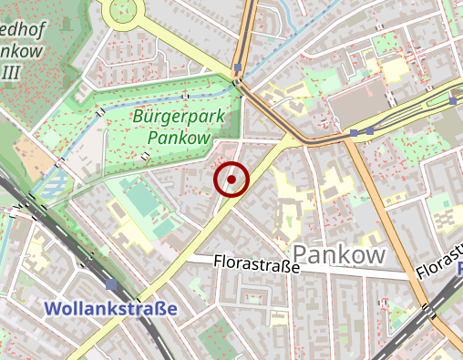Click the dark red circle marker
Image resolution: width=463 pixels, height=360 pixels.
click(x=231, y=180)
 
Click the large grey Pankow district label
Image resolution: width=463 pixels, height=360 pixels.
click(x=338, y=254)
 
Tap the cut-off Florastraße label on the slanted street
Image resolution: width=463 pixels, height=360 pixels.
click(x=438, y=264)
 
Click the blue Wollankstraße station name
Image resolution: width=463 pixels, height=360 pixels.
click(x=110, y=309)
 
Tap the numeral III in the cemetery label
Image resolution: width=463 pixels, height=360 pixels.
click(x=12, y=71)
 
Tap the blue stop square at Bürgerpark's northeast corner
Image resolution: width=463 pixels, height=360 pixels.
click(x=238, y=68)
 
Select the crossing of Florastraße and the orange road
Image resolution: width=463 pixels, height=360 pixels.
click(x=406, y=273)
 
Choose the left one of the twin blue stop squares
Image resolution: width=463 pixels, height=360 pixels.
click(x=354, y=133)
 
